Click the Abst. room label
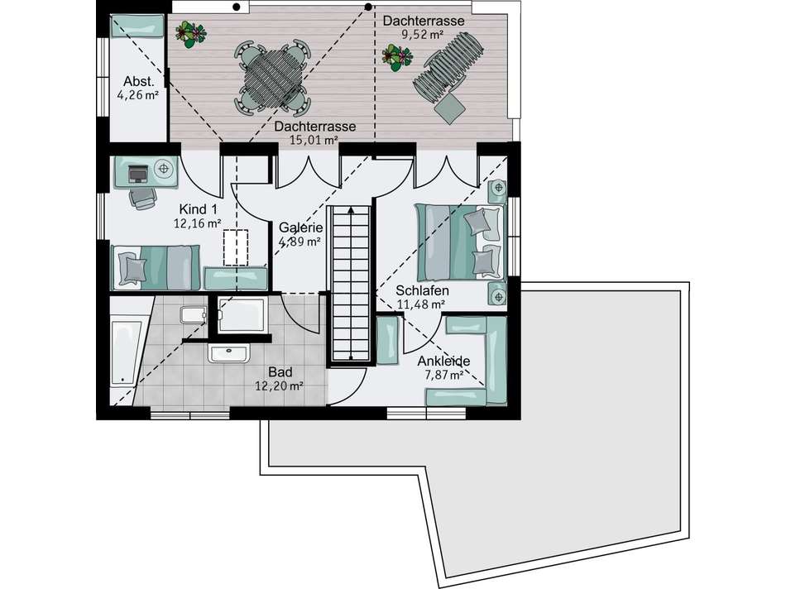tap(139, 81)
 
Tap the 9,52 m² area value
tap(422, 35)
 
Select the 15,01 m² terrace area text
tap(314, 140)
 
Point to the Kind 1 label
tap(198, 209)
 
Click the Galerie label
tap(301, 227)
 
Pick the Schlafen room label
tap(422, 290)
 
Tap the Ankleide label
tap(443, 361)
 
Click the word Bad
tap(280, 372)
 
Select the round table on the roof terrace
tap(273, 78)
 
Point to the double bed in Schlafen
tap(458, 242)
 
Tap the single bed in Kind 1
tap(155, 268)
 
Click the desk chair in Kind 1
tap(143, 199)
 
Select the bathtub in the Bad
tap(126, 353)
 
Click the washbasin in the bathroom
tap(228, 353)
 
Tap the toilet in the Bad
tap(193, 314)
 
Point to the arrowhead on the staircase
tap(351, 209)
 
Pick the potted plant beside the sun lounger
tap(397, 55)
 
